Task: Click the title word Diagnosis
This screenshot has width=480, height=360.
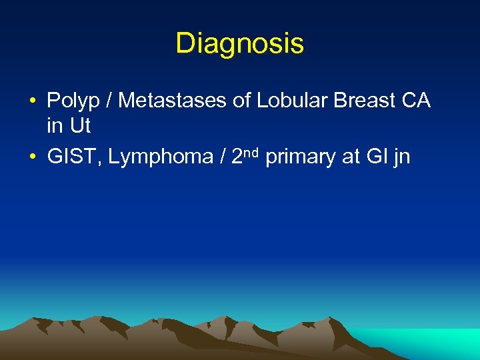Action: point(239,44)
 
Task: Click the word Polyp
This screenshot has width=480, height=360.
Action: point(70,101)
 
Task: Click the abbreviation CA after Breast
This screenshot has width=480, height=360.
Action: point(417,101)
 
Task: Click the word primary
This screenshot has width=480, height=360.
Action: point(299,157)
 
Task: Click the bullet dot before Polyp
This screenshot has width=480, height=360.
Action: point(32,102)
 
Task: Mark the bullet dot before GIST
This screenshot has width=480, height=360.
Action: point(32,157)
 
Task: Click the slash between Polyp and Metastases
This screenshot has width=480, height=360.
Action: point(106,101)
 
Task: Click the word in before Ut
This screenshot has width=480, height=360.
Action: point(54,125)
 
